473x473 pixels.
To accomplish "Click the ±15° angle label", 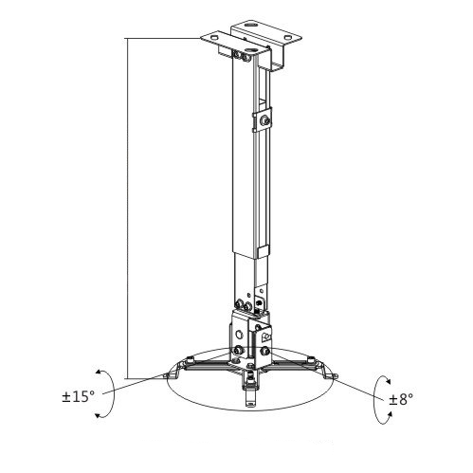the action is [79, 396].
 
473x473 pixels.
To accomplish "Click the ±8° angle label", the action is [401, 399].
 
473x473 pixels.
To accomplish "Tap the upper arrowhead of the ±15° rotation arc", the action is [99, 372].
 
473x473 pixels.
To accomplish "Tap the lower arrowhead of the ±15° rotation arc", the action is [99, 415].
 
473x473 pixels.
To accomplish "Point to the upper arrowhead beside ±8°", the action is [388, 381].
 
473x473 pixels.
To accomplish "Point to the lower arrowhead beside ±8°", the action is [390, 414].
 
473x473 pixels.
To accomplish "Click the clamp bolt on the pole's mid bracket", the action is [264, 120].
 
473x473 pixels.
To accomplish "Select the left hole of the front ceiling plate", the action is [214, 38].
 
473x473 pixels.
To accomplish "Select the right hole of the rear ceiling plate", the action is [288, 37].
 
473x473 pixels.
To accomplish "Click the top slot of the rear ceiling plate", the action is [251, 24].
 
